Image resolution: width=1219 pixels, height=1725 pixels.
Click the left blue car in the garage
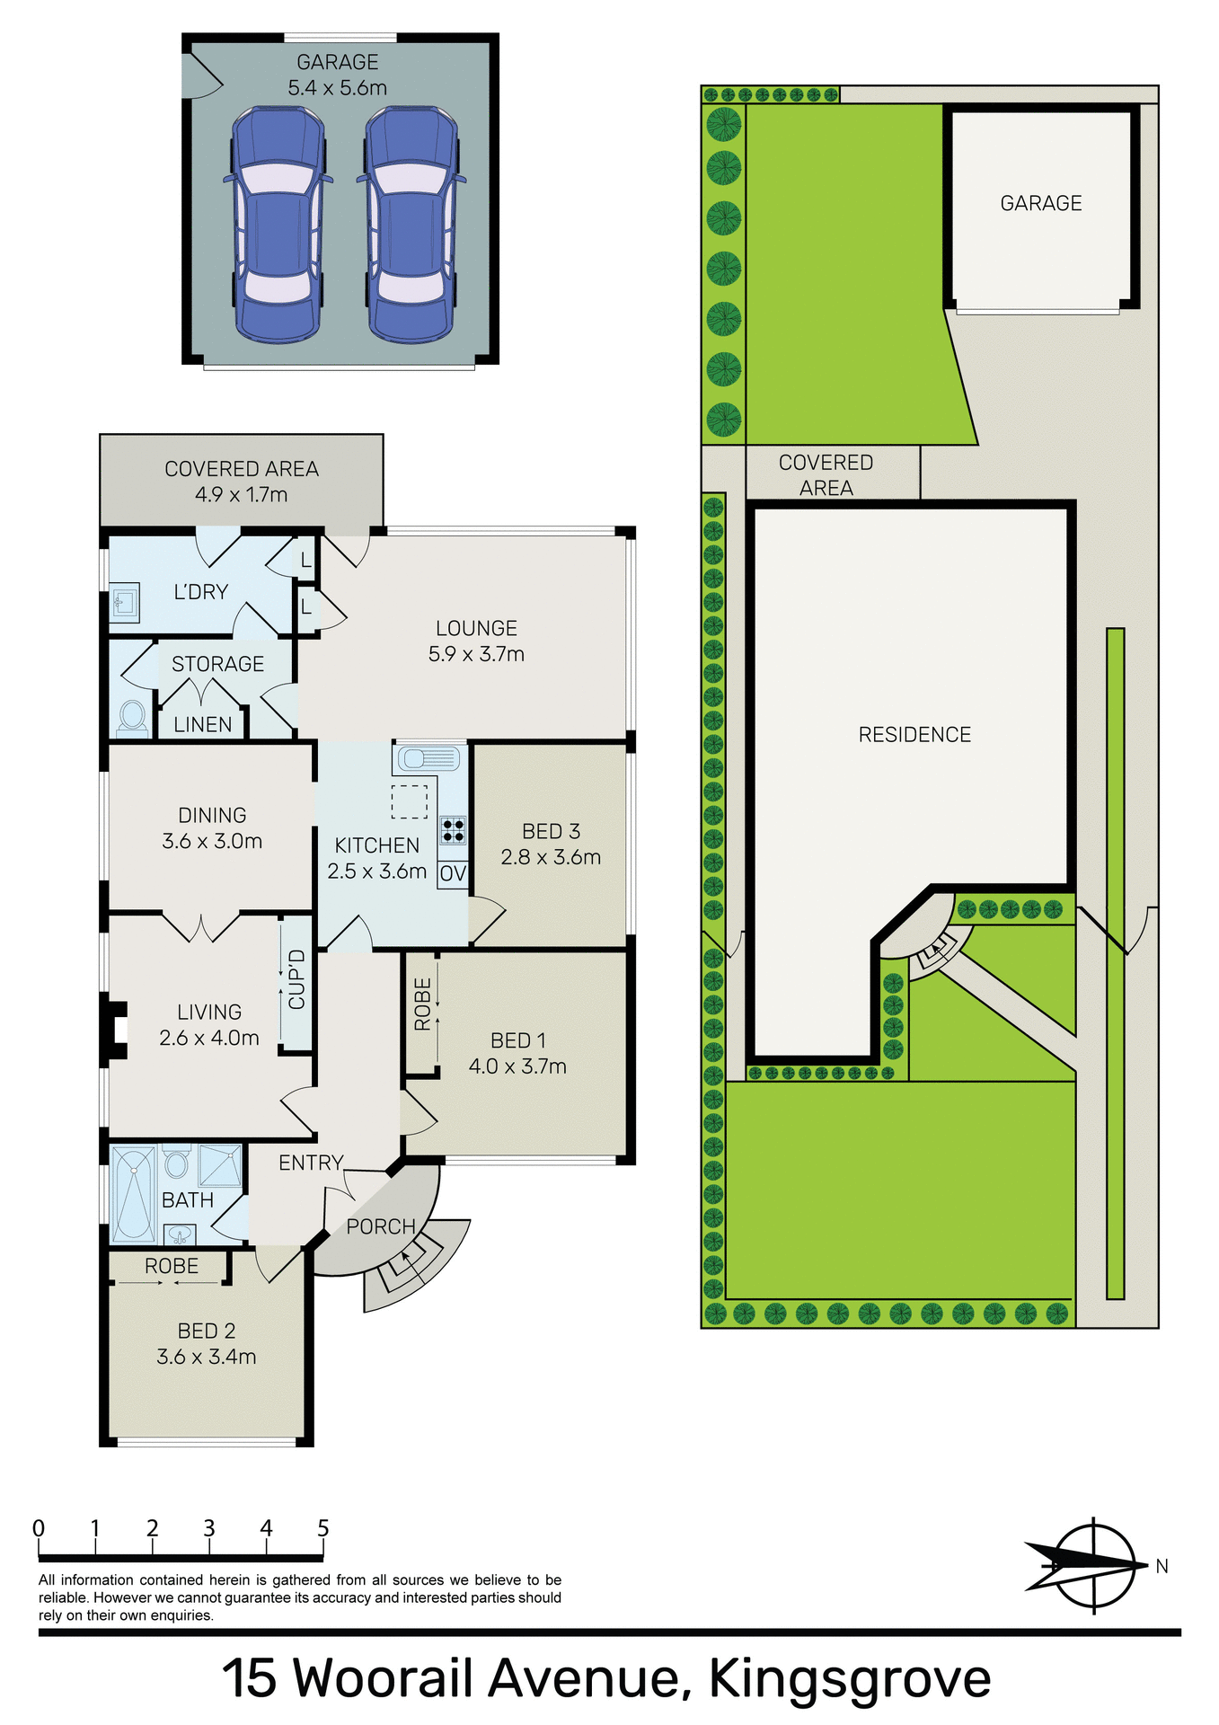tap(277, 225)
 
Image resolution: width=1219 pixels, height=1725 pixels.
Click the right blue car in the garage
tap(411, 225)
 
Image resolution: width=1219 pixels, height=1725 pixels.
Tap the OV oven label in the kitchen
tap(453, 873)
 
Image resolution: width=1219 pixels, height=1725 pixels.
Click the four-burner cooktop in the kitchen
tap(453, 829)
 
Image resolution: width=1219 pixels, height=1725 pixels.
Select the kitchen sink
tap(428, 759)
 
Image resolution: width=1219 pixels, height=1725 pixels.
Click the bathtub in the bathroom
tap(133, 1194)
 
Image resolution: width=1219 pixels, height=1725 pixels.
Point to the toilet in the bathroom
tap(176, 1163)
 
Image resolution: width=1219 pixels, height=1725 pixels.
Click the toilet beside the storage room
tap(133, 717)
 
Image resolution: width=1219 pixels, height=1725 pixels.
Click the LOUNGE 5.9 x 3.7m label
tap(476, 641)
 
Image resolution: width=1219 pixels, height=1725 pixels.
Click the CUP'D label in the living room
tap(296, 979)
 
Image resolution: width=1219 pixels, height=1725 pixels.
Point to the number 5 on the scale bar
tap(323, 1528)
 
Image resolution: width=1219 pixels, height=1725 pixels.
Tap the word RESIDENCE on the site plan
tap(914, 735)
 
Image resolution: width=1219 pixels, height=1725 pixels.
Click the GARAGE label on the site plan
tap(1041, 203)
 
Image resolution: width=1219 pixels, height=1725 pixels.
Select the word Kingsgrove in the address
tap(850, 1677)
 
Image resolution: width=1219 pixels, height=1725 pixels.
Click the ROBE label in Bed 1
tap(422, 1004)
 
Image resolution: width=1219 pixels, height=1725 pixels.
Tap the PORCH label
tap(381, 1226)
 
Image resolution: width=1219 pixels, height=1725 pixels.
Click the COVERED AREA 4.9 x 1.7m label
tap(242, 482)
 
